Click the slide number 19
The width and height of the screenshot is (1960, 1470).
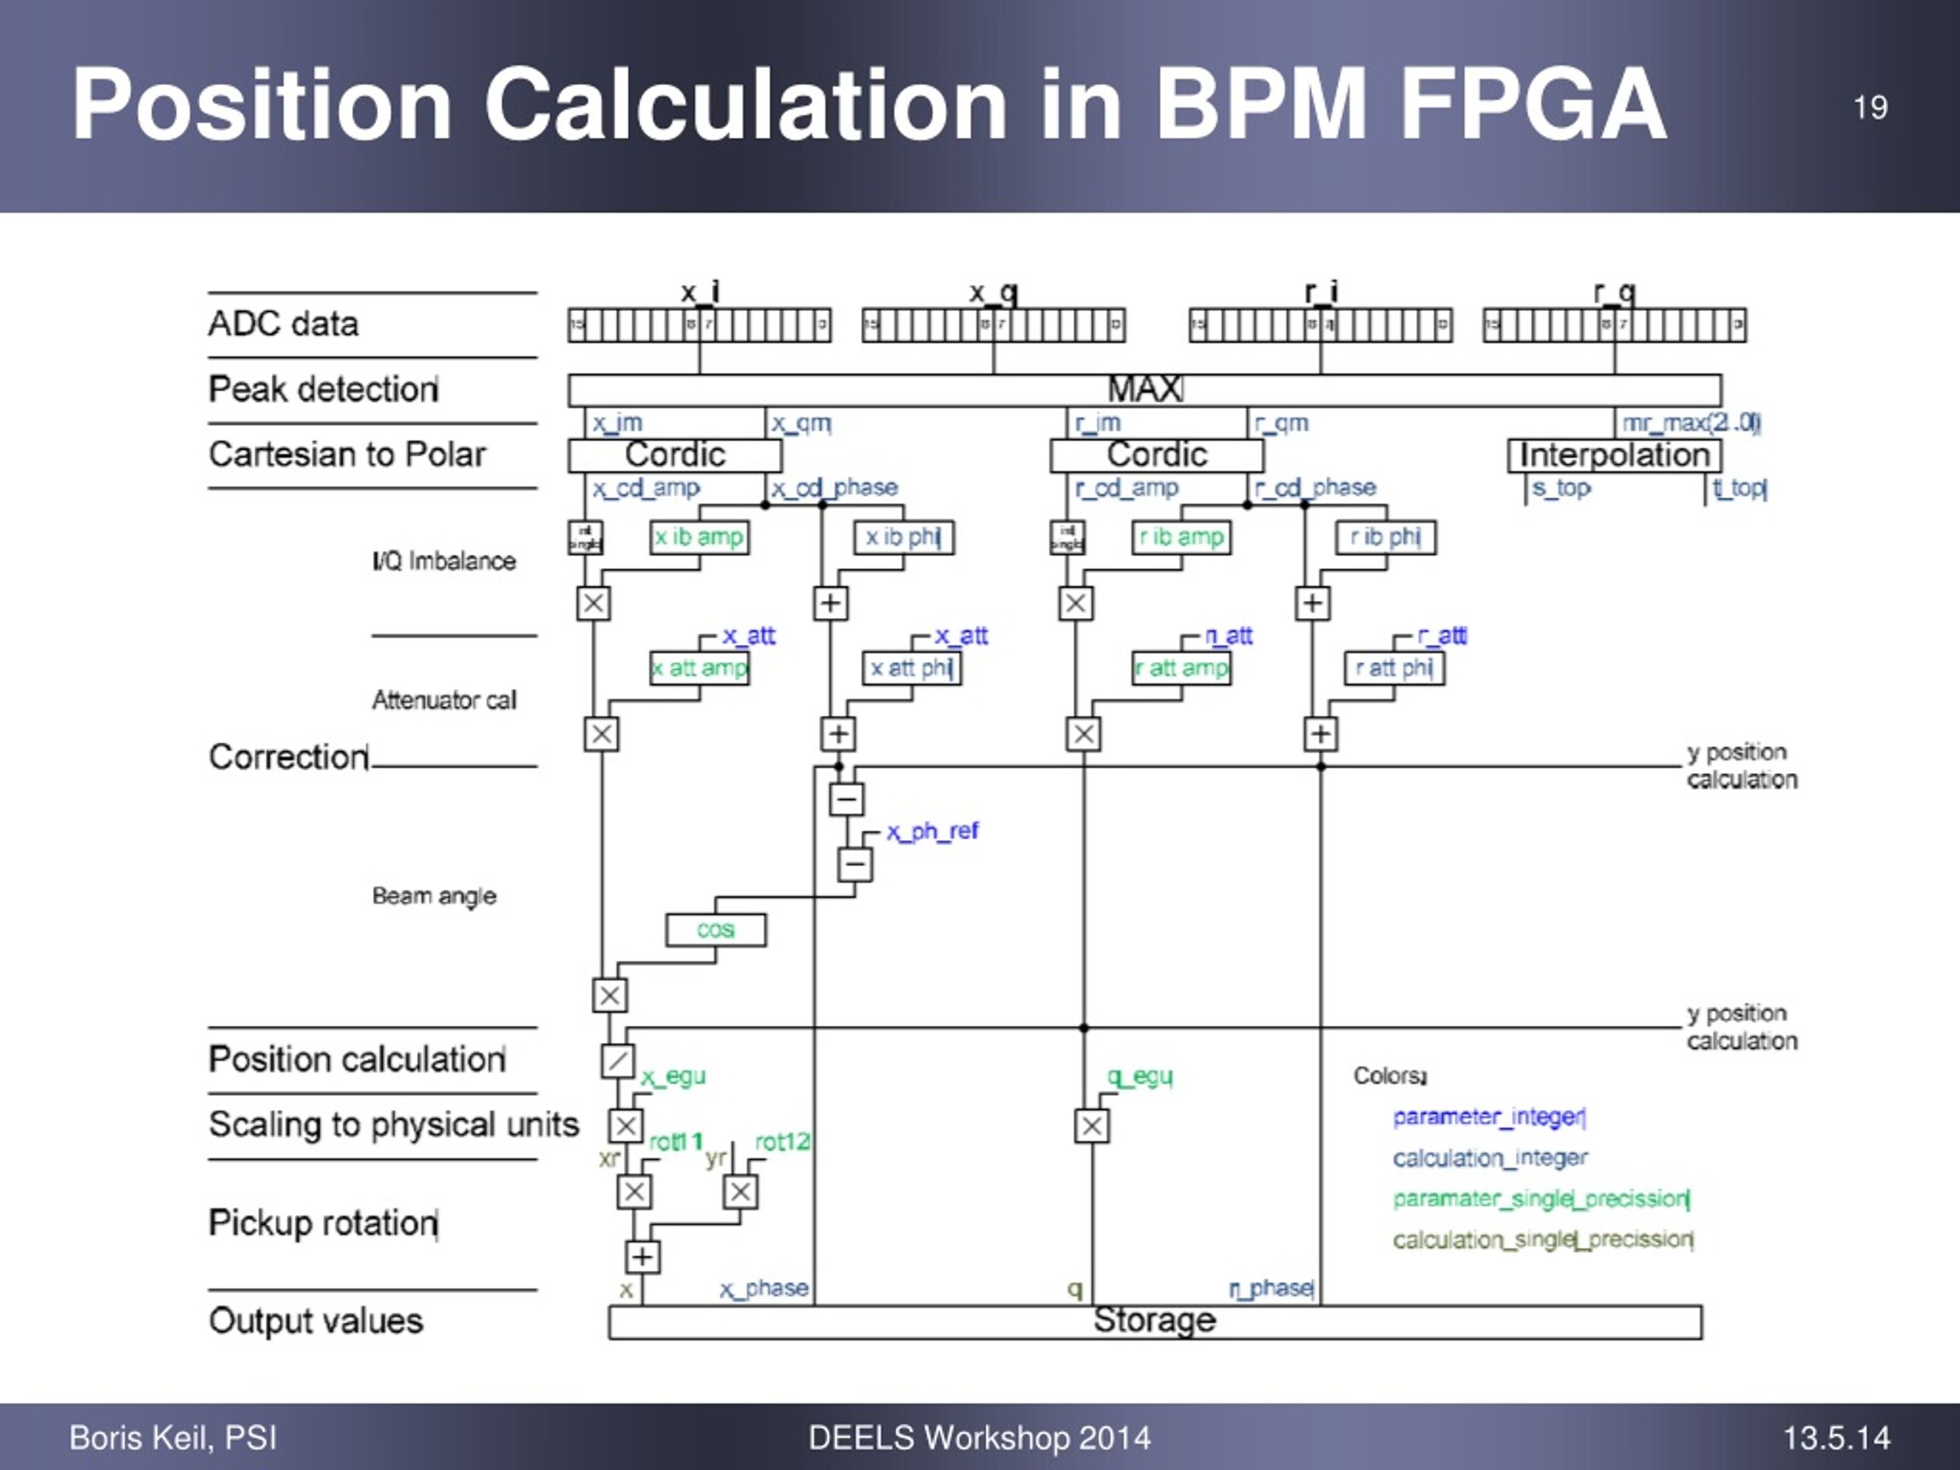pyautogui.click(x=1870, y=108)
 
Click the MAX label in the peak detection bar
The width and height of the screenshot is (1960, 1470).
pyautogui.click(x=1144, y=389)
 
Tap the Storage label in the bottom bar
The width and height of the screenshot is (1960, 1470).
pyautogui.click(x=1154, y=1320)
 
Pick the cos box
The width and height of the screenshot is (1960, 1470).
pyautogui.click(x=715, y=929)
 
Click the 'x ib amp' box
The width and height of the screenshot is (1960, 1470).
pyautogui.click(x=699, y=537)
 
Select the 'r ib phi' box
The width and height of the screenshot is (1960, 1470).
pyautogui.click(x=1386, y=537)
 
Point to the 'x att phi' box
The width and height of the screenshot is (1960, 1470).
pyautogui.click(x=911, y=668)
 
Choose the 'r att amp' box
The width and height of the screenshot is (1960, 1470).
pyautogui.click(x=1182, y=668)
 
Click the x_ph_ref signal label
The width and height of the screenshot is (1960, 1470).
pyautogui.click(x=933, y=831)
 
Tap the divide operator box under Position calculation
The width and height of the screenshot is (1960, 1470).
pyautogui.click(x=618, y=1060)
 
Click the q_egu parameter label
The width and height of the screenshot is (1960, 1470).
pyautogui.click(x=1139, y=1076)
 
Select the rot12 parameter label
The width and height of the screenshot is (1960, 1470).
pyautogui.click(x=782, y=1142)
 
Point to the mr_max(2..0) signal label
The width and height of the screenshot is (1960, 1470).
pyautogui.click(x=1690, y=423)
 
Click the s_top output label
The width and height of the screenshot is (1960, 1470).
pyautogui.click(x=1560, y=488)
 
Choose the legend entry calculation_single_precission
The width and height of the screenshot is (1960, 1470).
pyautogui.click(x=1543, y=1240)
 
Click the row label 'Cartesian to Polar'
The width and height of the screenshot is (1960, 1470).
pyautogui.click(x=348, y=455)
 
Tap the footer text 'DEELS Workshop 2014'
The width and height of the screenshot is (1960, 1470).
pyautogui.click(x=979, y=1437)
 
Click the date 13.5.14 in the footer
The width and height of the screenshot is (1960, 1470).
pyautogui.click(x=1836, y=1437)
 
